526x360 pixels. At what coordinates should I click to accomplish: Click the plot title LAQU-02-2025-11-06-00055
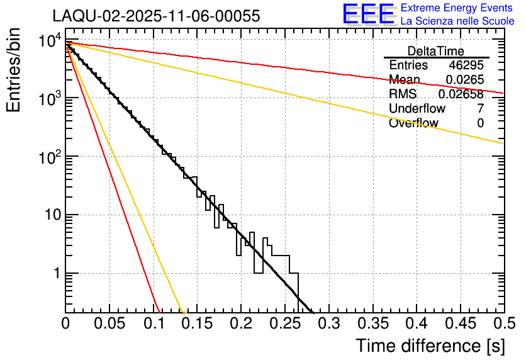pyautogui.click(x=156, y=16)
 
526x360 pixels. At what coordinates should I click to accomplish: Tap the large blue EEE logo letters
pyautogui.click(x=368, y=14)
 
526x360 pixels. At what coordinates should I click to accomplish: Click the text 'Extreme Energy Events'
pyautogui.click(x=457, y=8)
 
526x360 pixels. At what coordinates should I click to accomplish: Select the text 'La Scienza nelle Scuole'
pyautogui.click(x=457, y=21)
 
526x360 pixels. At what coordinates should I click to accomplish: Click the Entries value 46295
pyautogui.click(x=466, y=65)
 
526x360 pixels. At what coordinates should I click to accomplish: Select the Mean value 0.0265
pyautogui.click(x=464, y=80)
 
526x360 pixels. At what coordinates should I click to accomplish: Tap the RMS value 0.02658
pyautogui.click(x=461, y=94)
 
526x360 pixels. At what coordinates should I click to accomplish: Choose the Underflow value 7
pyautogui.click(x=480, y=109)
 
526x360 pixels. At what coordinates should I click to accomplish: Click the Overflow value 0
pyautogui.click(x=480, y=123)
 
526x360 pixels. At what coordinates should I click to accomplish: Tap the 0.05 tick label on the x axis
pyautogui.click(x=109, y=323)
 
